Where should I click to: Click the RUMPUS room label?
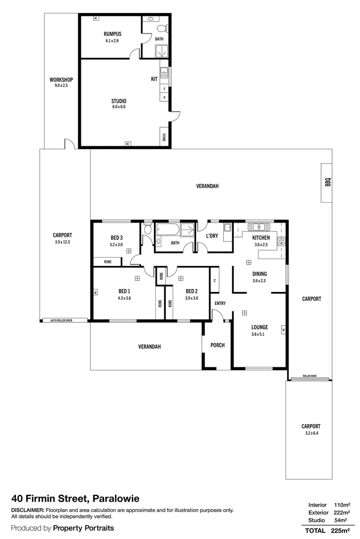point(112,34)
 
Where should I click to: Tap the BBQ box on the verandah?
point(327,183)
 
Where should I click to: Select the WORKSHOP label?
point(61,80)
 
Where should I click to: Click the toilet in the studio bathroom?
point(162,28)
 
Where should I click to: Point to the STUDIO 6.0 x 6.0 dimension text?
point(119,107)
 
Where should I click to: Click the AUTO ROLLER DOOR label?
point(61,320)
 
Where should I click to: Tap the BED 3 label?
point(116,238)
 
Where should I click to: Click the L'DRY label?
point(212,236)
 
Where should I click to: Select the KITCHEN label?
point(261,238)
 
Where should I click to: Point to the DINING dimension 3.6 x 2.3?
point(260,280)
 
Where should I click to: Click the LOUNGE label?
point(259,327)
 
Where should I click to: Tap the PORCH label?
point(217,345)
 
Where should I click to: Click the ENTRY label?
point(220,303)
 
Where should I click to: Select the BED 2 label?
point(192,291)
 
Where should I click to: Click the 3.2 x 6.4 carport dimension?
point(312,433)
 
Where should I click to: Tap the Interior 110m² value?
point(342,505)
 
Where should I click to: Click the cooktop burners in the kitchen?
point(281,241)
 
